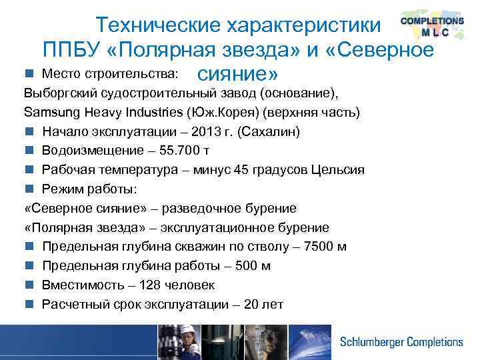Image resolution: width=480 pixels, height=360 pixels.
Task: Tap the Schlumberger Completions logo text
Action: coord(401,342)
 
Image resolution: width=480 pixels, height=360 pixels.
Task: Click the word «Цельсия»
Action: coord(337,170)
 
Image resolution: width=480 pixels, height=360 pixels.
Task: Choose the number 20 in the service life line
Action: coord(251,305)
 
